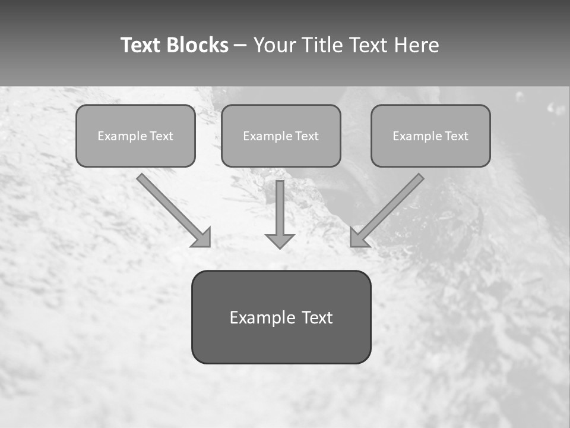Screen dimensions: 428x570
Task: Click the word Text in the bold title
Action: [141, 45]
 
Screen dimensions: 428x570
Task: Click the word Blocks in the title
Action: [197, 45]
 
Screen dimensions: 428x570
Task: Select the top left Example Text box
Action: [135, 136]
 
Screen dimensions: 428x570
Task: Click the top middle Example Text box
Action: [281, 136]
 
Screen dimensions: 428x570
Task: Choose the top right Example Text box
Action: [430, 136]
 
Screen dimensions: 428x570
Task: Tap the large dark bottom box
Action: [281, 317]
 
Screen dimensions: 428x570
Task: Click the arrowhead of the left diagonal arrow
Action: [202, 238]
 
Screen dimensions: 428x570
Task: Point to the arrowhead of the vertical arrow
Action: [280, 241]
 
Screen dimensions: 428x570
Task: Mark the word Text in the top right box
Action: [456, 136]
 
